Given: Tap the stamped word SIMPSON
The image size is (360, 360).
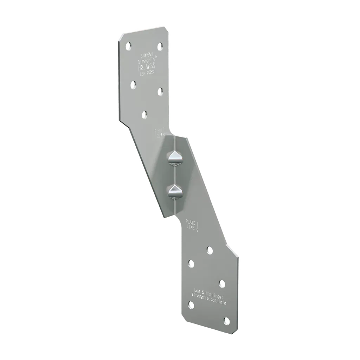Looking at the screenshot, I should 144,56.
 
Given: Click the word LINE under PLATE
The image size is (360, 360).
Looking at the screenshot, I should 191,228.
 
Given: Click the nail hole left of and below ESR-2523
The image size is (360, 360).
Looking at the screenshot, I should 133,84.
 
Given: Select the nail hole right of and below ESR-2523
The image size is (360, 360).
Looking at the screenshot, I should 160,91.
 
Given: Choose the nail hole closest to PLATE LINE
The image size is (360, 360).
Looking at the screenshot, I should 210,250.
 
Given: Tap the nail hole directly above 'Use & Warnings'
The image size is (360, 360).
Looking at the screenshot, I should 222,283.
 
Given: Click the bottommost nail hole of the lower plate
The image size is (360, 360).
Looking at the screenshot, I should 227,320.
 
